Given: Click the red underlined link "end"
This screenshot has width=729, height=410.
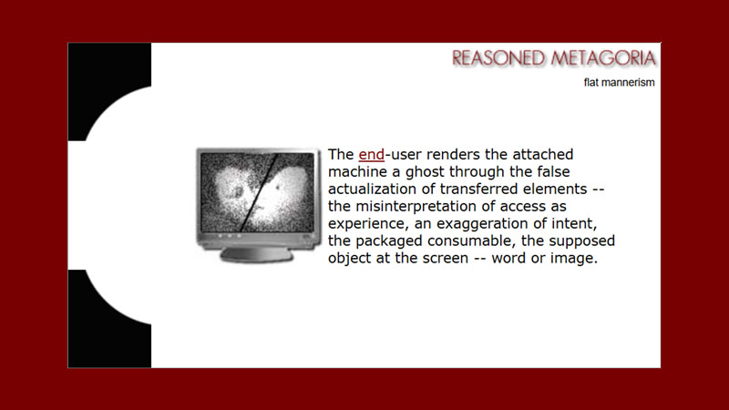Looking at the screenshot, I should (x=372, y=155).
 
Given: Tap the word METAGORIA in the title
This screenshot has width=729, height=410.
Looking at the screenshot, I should (x=602, y=59).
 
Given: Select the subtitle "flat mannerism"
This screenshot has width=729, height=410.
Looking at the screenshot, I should (x=620, y=83).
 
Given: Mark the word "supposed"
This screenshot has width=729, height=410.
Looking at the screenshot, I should (x=580, y=241).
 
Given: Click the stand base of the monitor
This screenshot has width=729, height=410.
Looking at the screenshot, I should (x=257, y=256).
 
